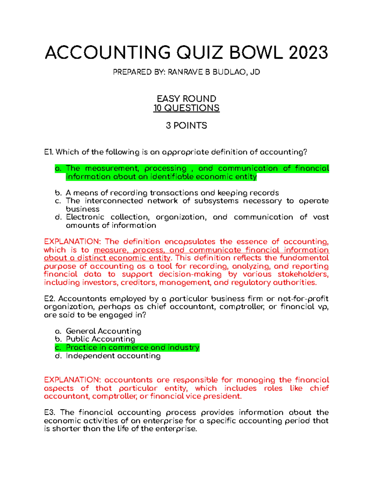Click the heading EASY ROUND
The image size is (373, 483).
(x=186, y=99)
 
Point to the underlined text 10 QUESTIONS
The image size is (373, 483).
(x=186, y=108)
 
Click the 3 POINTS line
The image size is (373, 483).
(x=186, y=125)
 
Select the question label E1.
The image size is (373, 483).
(x=49, y=152)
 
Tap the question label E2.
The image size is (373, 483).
(x=50, y=299)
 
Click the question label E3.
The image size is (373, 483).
(x=50, y=412)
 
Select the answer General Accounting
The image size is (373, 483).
(x=104, y=331)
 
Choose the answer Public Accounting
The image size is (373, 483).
(x=100, y=339)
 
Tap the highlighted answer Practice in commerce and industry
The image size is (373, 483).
(x=132, y=347)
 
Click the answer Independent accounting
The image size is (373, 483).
(x=113, y=356)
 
